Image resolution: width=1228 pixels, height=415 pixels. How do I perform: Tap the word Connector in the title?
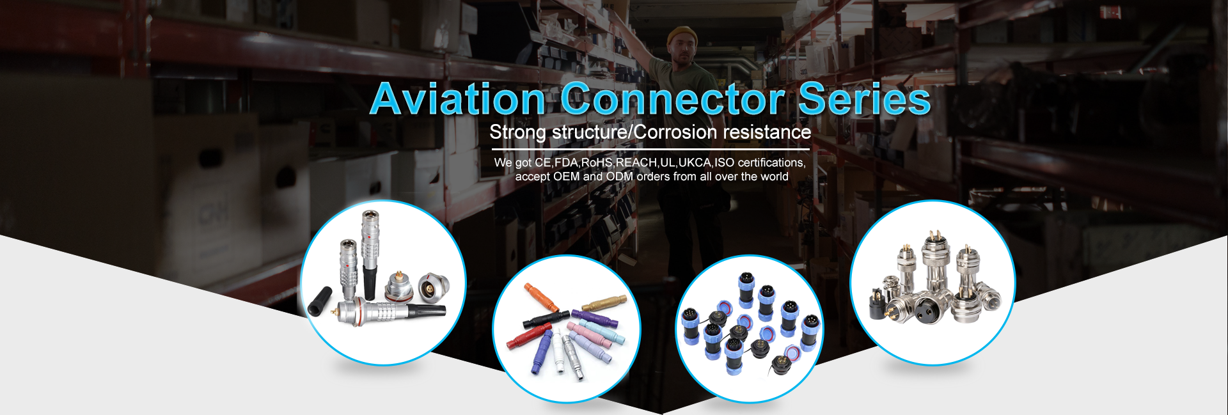click(x=672, y=99)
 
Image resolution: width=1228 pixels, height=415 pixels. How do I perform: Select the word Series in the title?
click(x=864, y=99)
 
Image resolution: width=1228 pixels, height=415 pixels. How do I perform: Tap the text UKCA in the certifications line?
click(x=695, y=162)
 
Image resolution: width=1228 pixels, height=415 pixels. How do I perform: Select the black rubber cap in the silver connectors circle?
click(x=320, y=301)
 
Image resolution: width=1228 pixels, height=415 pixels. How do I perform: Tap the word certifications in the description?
click(x=771, y=162)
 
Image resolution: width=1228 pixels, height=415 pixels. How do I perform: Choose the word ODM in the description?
click(x=620, y=176)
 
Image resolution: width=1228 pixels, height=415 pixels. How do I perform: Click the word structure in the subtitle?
click(x=590, y=132)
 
